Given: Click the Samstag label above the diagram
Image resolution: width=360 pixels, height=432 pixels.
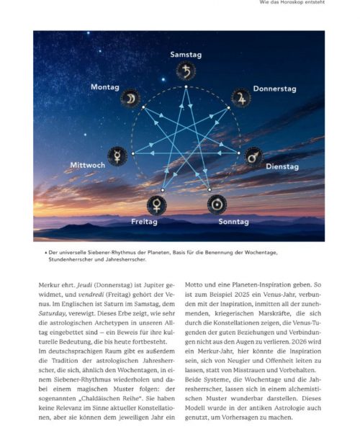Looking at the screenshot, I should click(185, 55).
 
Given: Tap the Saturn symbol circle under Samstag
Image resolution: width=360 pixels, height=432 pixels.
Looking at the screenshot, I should click(186, 71).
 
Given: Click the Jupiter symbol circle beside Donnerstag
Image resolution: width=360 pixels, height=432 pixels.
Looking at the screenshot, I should click(240, 98).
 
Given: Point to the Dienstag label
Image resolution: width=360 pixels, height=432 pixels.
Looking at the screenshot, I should click(282, 167).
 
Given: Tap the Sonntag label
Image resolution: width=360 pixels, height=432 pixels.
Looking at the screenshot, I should click(233, 222).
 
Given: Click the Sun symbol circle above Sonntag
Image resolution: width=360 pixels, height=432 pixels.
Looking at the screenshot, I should click(215, 205).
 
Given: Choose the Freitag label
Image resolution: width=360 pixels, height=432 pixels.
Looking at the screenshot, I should click(144, 222).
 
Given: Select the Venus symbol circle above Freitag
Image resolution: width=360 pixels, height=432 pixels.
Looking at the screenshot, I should click(156, 205).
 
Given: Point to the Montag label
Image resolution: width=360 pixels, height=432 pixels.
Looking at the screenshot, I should click(105, 87).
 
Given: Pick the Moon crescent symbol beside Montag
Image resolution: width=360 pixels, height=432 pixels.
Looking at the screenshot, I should click(130, 99).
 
